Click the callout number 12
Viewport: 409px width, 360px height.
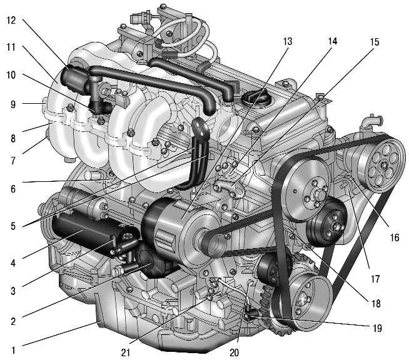coord(11,21)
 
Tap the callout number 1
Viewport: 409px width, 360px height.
coord(13,350)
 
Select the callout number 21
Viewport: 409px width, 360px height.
coord(126,352)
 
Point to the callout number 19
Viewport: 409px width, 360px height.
coord(377,328)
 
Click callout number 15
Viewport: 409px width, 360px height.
coord(375,42)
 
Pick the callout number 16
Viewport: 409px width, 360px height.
coord(395,237)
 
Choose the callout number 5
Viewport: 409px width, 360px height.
coord(13,226)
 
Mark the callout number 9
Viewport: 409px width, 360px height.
coord(13,104)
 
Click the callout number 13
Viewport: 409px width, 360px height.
coord(288,41)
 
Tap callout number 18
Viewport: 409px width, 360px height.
coord(376,303)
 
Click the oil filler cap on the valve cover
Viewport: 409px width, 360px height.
coord(254,98)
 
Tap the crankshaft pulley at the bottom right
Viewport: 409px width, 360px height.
coord(305,302)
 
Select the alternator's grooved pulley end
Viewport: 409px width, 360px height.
coord(213,242)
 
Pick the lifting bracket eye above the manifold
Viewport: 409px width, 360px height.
coord(200,127)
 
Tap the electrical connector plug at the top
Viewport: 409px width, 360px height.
coord(137,18)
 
